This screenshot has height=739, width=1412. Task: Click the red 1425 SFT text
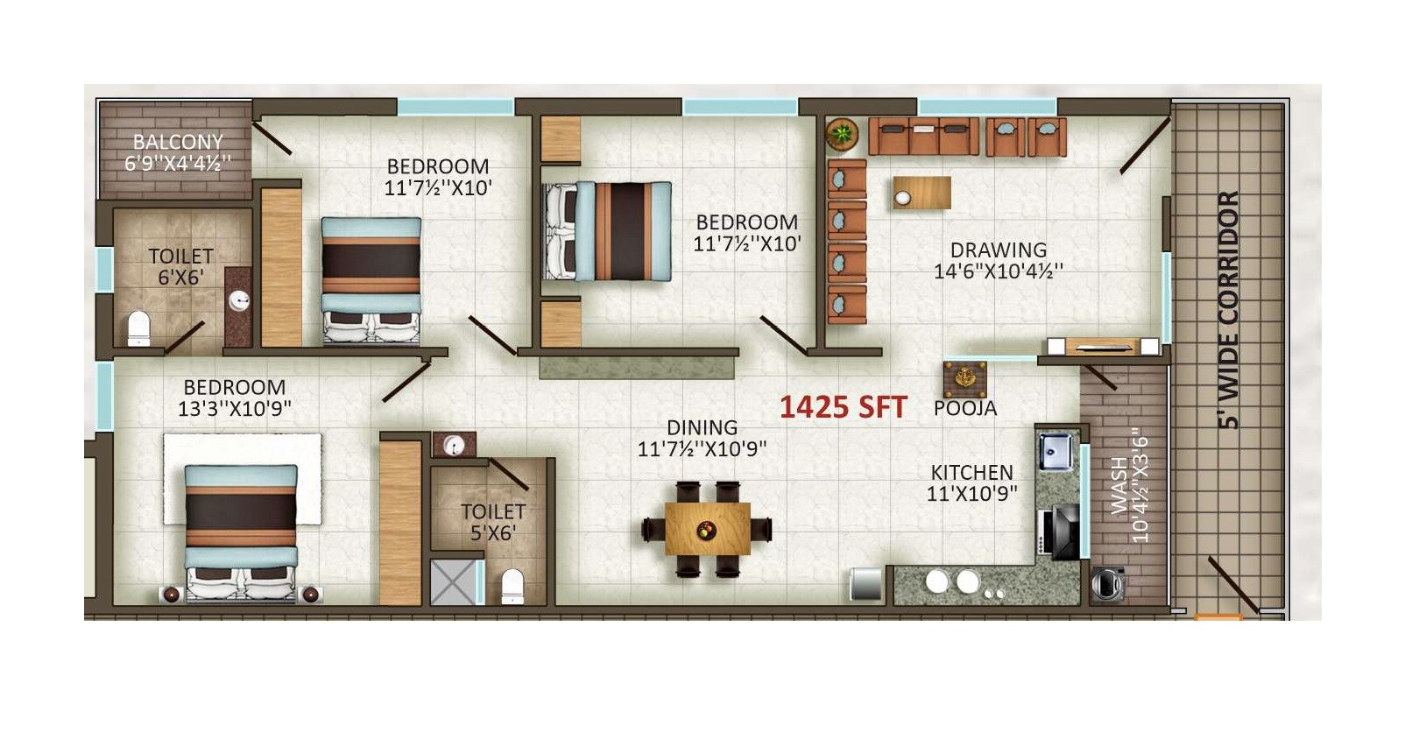pos(843,407)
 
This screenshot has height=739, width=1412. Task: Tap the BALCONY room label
pos(178,142)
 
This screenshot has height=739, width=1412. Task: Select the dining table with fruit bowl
pos(707,529)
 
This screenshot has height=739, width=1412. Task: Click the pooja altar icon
pos(964,379)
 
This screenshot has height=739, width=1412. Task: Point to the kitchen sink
pos(1055,452)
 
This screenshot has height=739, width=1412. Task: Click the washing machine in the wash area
pos(1108,583)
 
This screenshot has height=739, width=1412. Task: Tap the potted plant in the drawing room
pos(842,134)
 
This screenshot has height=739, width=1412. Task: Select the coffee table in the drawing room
pos(921,193)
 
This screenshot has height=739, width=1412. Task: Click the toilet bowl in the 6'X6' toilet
pos(139,328)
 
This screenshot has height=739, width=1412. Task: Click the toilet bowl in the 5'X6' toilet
pos(512,586)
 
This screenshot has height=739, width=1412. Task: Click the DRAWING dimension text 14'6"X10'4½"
pos(998,271)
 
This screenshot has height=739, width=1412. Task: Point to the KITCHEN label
pos(971,473)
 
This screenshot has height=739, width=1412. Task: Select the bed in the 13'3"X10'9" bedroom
pos(241,530)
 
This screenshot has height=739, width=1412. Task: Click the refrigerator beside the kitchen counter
pos(865,584)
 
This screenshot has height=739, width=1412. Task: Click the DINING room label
pos(702,427)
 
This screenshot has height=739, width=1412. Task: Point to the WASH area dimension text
pos(1140,486)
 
